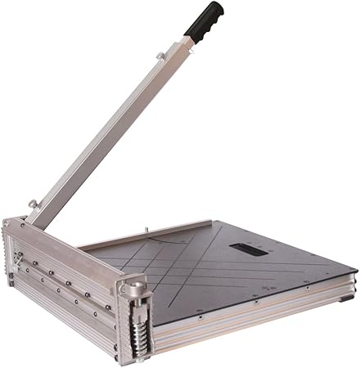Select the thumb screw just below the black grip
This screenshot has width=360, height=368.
[x=160, y=56]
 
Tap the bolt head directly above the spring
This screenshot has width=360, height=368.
[x=131, y=289]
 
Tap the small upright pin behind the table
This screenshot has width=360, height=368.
[x=145, y=231]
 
